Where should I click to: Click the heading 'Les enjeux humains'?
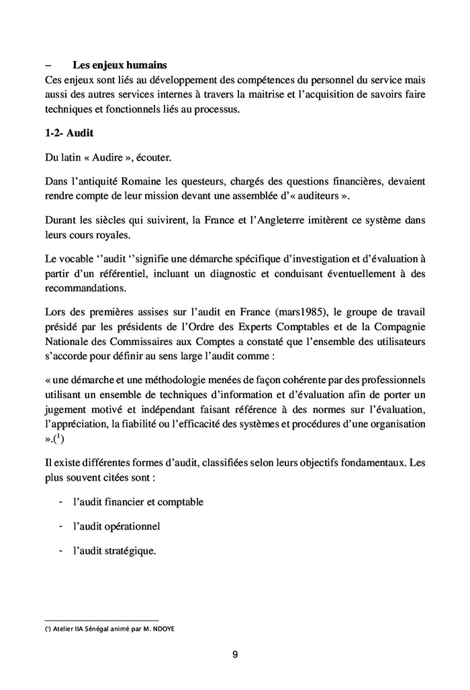tap(120, 66)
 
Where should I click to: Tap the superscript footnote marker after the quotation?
tap(57, 437)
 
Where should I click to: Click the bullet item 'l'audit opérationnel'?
tap(116, 526)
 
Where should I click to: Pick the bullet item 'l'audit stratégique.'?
tap(115, 551)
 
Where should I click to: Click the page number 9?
tap(235, 655)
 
